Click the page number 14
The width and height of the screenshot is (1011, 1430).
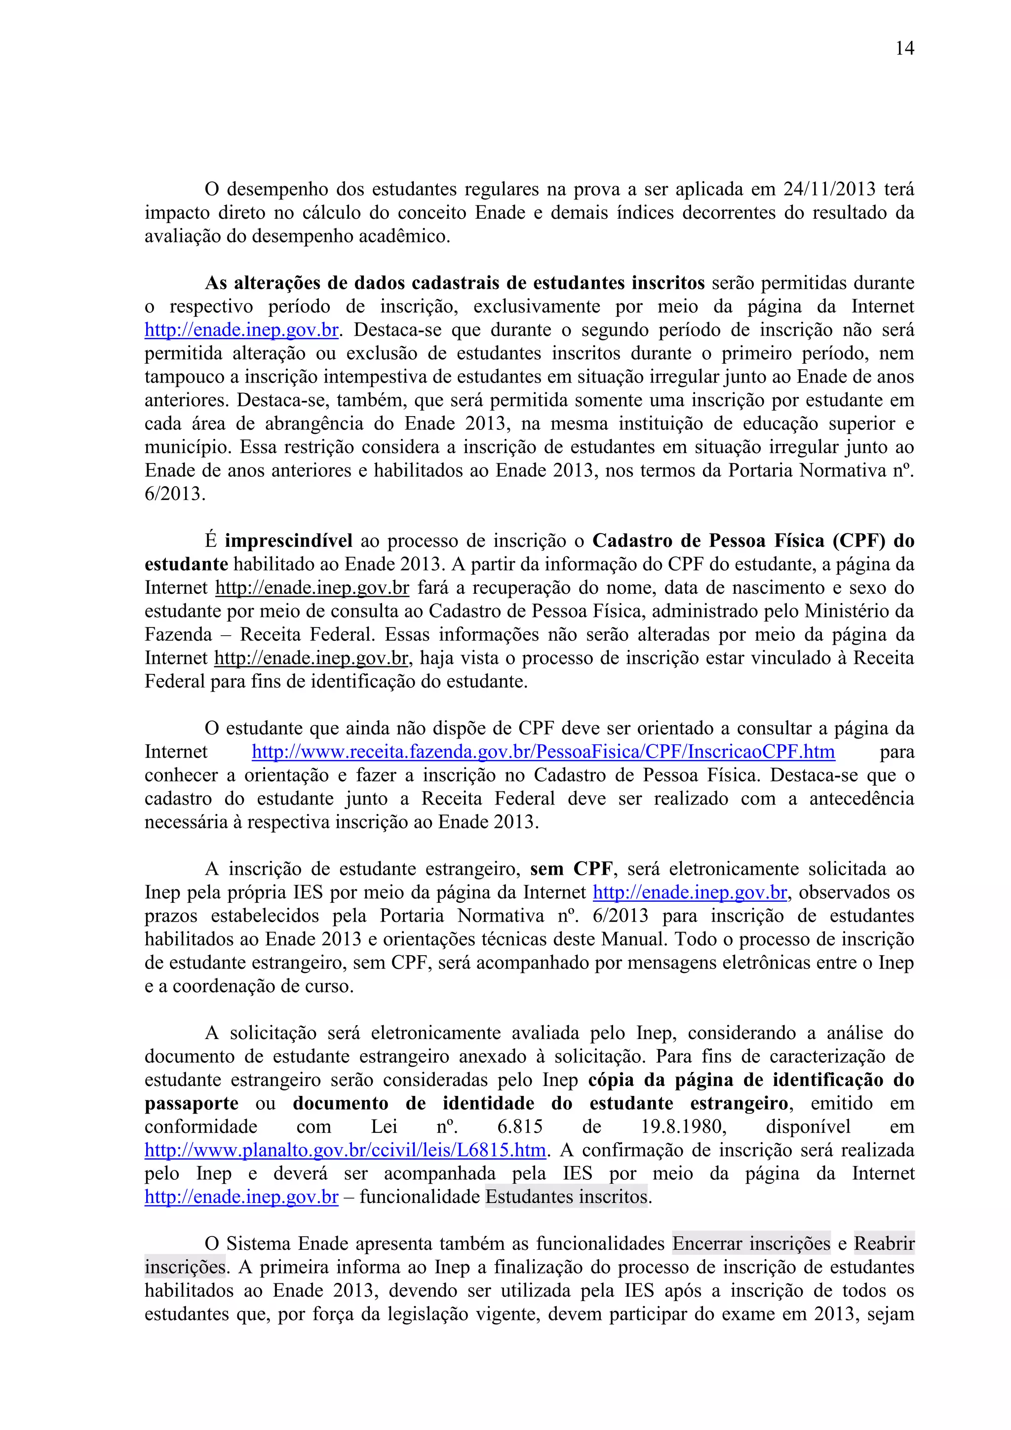click(x=904, y=48)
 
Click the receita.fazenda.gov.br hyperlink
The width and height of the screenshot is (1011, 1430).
click(x=543, y=752)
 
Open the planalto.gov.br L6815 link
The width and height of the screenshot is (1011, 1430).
click(x=345, y=1150)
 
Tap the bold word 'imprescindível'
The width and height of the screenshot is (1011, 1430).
click(x=288, y=541)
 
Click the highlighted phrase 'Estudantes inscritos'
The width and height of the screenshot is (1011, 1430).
click(x=566, y=1197)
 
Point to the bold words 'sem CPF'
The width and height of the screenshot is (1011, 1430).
click(x=571, y=869)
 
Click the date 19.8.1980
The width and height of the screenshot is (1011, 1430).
click(x=683, y=1127)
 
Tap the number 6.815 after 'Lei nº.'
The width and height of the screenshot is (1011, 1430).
click(x=520, y=1127)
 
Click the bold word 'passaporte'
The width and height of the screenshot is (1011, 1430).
click(x=191, y=1104)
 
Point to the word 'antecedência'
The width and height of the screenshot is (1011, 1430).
click(x=861, y=799)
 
